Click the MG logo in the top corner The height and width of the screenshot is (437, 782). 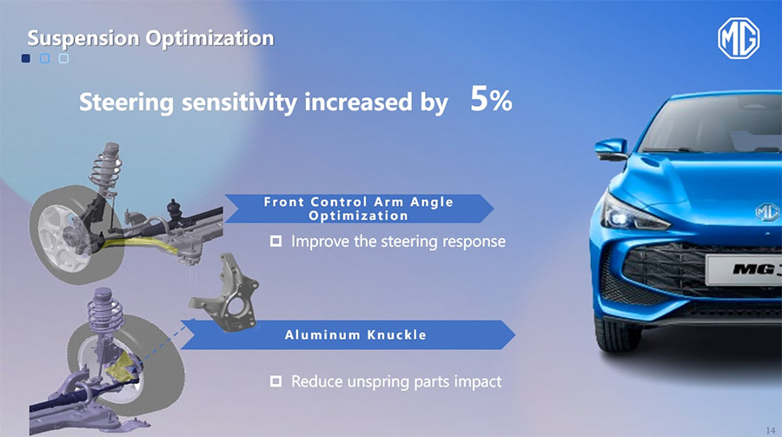739,38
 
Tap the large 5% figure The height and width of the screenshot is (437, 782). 491,99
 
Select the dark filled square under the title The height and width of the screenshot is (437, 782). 26,58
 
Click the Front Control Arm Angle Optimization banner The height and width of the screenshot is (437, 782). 359,209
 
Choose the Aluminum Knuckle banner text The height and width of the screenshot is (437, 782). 355,334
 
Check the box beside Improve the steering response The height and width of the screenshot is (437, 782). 275,242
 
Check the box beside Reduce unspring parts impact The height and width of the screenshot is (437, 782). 275,381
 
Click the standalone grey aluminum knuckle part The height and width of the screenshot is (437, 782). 224,293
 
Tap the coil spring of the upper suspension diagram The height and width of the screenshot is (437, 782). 106,168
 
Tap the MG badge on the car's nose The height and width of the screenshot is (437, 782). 767,212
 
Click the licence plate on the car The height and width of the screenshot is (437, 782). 744,270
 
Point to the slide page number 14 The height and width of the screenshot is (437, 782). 771,430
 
